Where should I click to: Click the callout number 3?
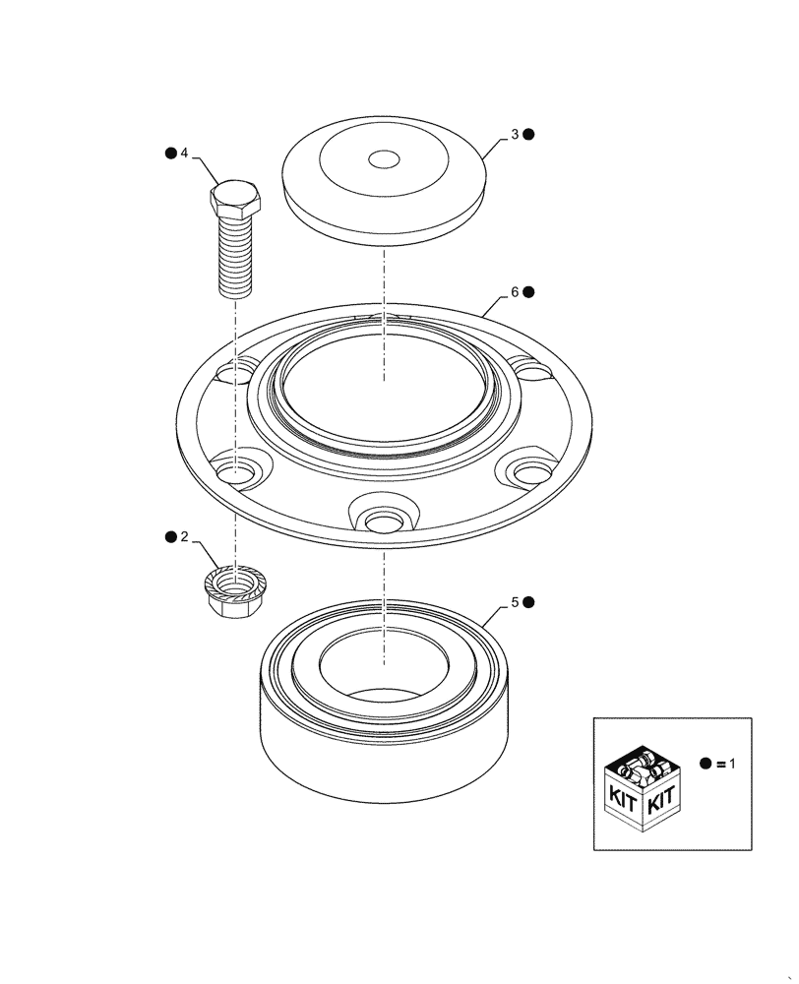[x=513, y=135]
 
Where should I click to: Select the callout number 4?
[x=184, y=154]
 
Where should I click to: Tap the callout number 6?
[x=513, y=292]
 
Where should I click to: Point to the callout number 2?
[x=184, y=537]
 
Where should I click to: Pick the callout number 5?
[x=513, y=601]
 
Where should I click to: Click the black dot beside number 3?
[x=528, y=135]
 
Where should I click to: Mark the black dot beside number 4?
[x=170, y=154]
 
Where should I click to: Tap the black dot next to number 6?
[x=528, y=292]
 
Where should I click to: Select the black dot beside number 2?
[x=170, y=537]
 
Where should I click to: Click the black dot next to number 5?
[x=528, y=601]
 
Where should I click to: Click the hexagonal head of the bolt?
[x=236, y=201]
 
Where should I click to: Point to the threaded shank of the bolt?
[x=236, y=258]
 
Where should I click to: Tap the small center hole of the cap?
[x=383, y=159]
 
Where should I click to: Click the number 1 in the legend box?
[x=732, y=764]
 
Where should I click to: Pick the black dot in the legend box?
[x=706, y=764]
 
